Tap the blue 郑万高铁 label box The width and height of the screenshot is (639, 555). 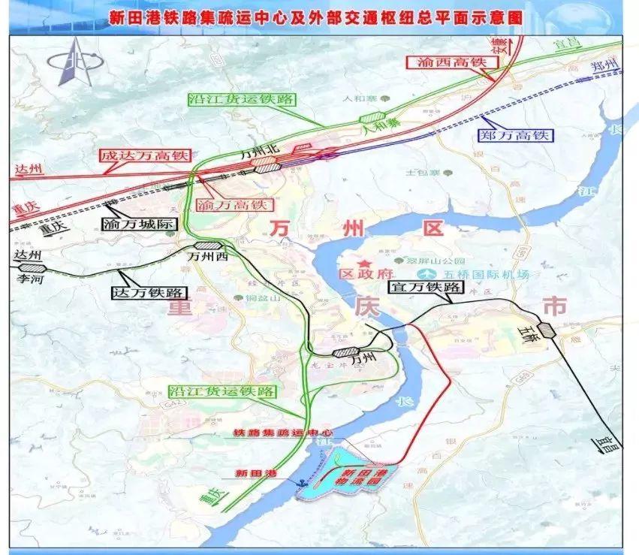[514, 136]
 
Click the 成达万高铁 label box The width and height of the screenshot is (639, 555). [143, 157]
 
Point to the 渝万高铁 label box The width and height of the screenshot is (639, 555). [234, 204]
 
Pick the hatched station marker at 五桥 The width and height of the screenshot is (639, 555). [546, 330]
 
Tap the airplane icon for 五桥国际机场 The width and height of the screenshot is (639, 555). [430, 273]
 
